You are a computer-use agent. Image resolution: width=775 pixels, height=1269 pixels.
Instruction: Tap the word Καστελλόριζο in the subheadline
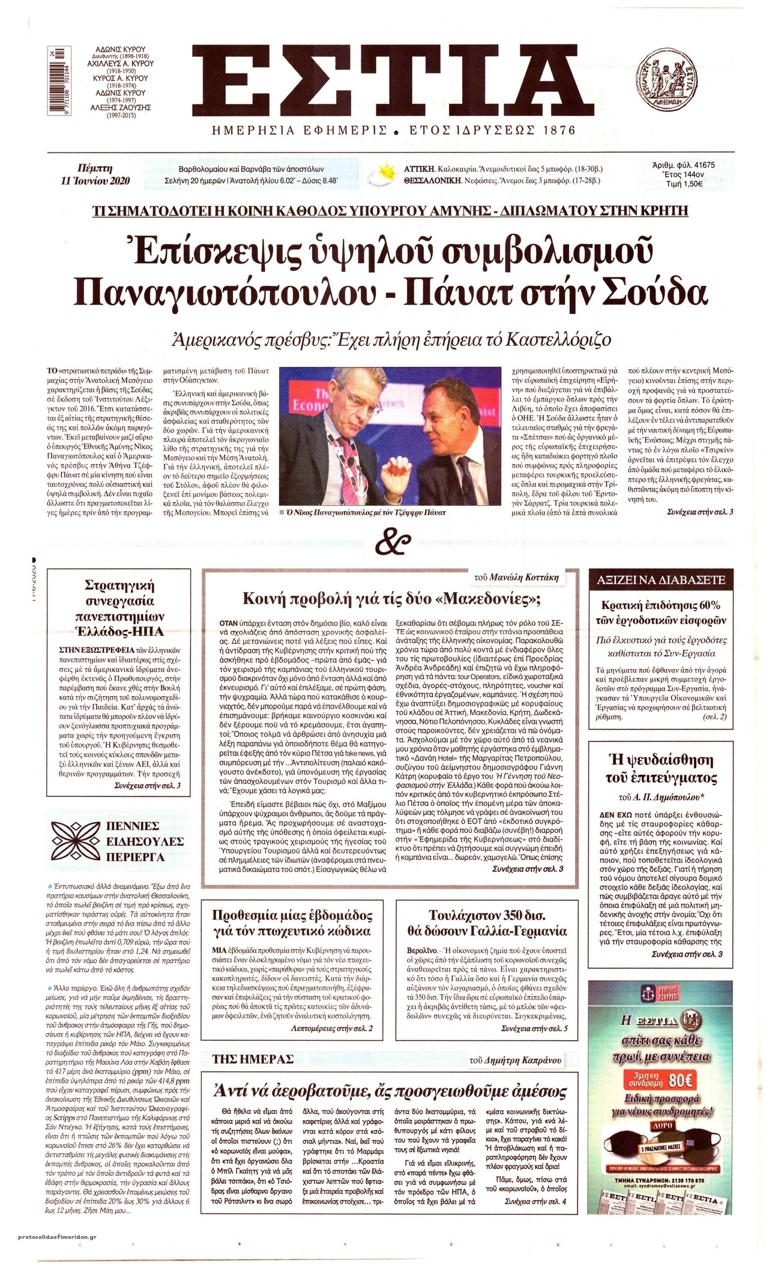click(551, 339)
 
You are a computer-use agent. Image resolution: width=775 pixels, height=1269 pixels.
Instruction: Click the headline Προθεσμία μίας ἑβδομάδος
click(292, 924)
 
